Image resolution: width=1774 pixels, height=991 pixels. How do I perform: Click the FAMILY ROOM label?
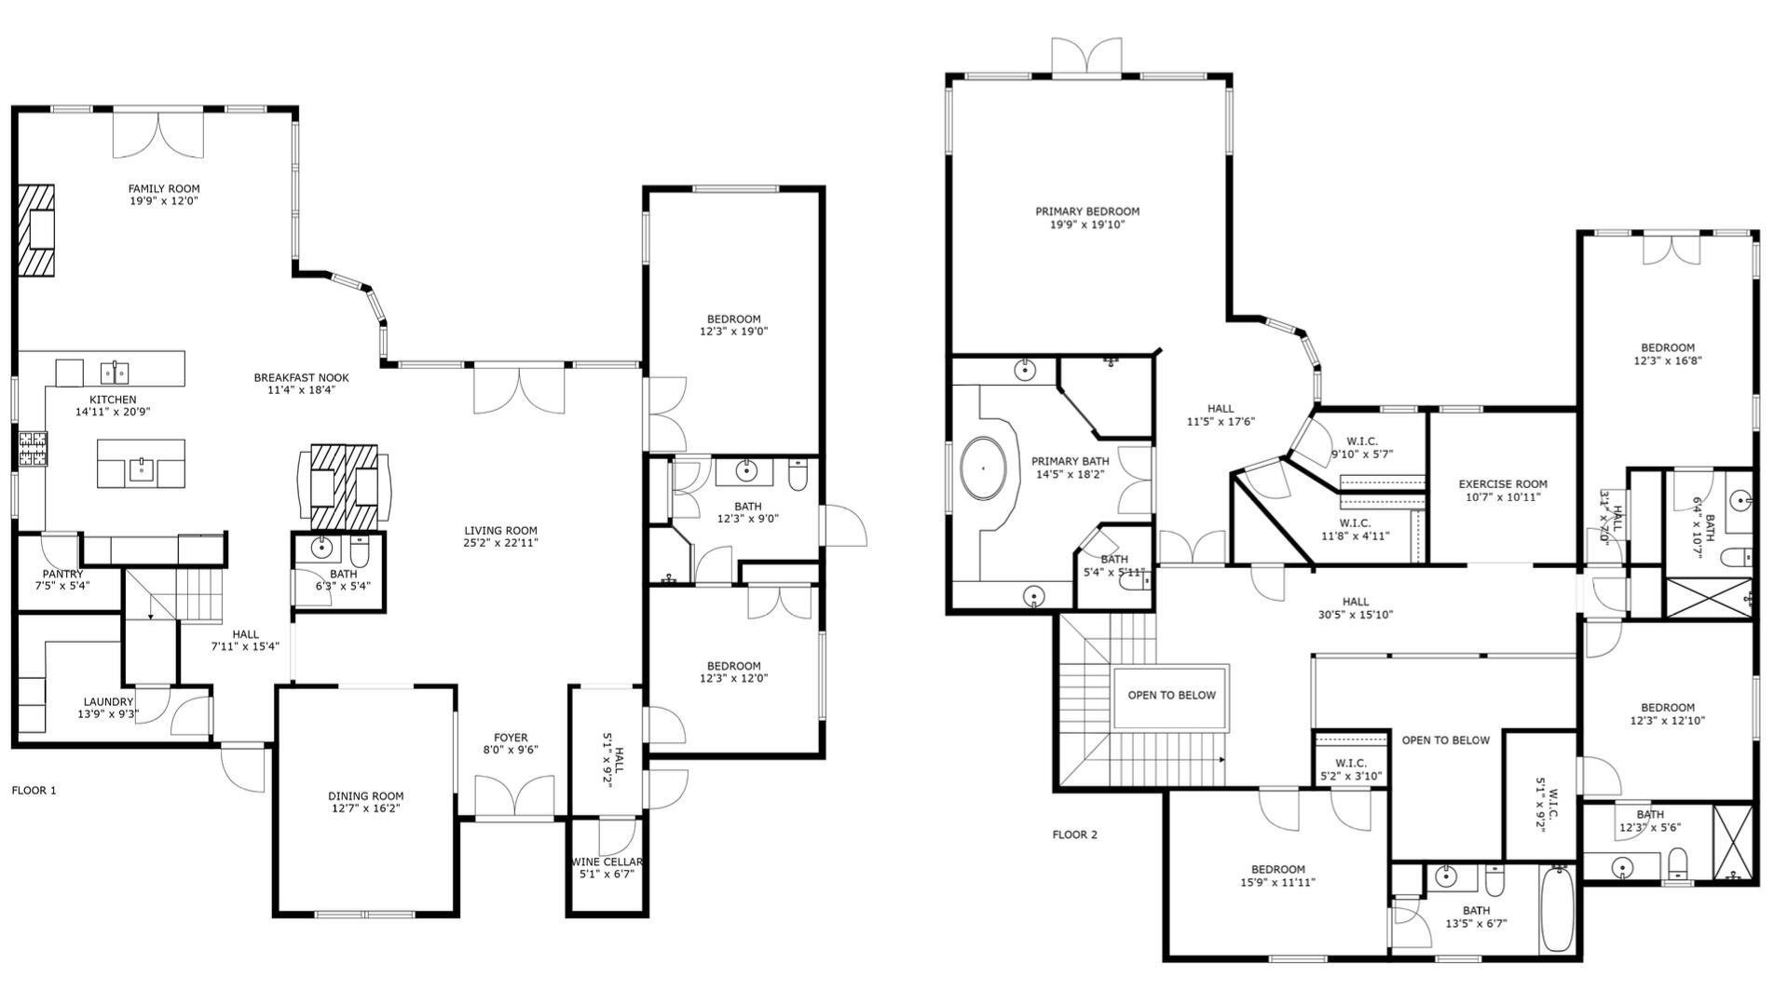click(x=164, y=189)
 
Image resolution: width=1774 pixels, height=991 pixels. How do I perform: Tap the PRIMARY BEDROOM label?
click(x=1087, y=211)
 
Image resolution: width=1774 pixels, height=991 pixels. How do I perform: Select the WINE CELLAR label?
click(x=607, y=862)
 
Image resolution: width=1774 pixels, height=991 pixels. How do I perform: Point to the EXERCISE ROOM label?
click(x=1503, y=484)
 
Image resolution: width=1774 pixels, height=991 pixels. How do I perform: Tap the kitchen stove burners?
click(x=32, y=449)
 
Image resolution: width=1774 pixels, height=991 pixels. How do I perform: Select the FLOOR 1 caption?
click(x=34, y=791)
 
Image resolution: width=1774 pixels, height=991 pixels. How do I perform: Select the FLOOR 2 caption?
click(x=1074, y=835)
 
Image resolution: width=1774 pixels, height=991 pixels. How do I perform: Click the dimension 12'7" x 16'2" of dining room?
click(x=365, y=809)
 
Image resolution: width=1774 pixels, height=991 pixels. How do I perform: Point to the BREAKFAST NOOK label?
click(x=301, y=377)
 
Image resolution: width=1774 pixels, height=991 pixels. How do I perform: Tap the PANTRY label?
click(x=62, y=574)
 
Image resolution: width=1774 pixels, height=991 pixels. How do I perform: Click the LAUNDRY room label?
click(x=108, y=701)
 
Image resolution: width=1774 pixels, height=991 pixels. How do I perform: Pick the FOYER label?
click(x=511, y=738)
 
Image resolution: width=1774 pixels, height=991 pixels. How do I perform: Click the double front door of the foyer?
click(x=513, y=798)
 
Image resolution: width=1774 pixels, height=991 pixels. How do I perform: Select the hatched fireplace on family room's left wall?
click(x=35, y=229)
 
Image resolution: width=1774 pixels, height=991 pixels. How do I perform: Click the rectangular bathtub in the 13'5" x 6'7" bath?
click(x=1555, y=909)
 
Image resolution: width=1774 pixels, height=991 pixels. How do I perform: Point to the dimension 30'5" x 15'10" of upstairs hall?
click(x=1356, y=615)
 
